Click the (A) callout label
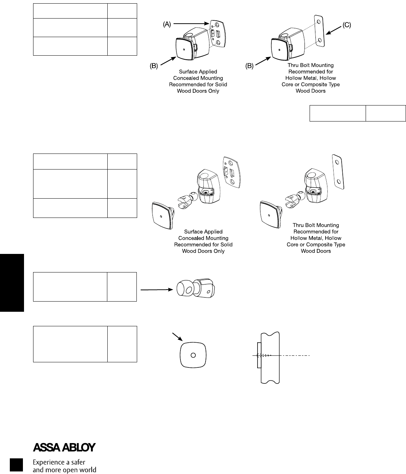(167, 24)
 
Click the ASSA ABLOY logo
(64, 447)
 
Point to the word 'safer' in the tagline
(77, 462)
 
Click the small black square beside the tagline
(16, 466)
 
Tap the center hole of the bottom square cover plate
(193, 355)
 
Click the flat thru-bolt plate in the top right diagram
(319, 32)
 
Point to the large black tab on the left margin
(12, 283)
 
